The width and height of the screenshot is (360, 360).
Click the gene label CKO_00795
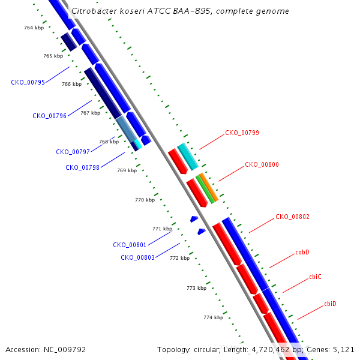point(28,82)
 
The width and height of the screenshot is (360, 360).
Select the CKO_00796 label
point(49,116)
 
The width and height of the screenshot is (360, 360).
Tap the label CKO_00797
point(73,152)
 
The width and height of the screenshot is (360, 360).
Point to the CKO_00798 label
point(82,167)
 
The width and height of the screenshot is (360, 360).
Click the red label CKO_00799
point(242,133)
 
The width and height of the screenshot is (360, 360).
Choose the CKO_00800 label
point(262,164)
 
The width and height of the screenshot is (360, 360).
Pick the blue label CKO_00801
point(130,245)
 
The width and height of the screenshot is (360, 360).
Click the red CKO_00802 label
point(293,217)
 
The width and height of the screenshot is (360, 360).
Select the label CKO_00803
point(137,257)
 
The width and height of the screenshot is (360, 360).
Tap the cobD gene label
point(302,252)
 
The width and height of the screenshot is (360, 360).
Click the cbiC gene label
point(315,277)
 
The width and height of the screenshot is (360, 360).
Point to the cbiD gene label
point(330,304)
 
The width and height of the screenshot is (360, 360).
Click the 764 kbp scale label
point(34,28)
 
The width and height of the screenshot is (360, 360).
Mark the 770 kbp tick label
point(145,200)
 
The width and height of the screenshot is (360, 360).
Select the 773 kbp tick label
point(197,288)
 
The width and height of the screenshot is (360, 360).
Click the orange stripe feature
point(209,187)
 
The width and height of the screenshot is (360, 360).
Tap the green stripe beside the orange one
point(205,190)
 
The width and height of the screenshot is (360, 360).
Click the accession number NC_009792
point(65,349)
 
